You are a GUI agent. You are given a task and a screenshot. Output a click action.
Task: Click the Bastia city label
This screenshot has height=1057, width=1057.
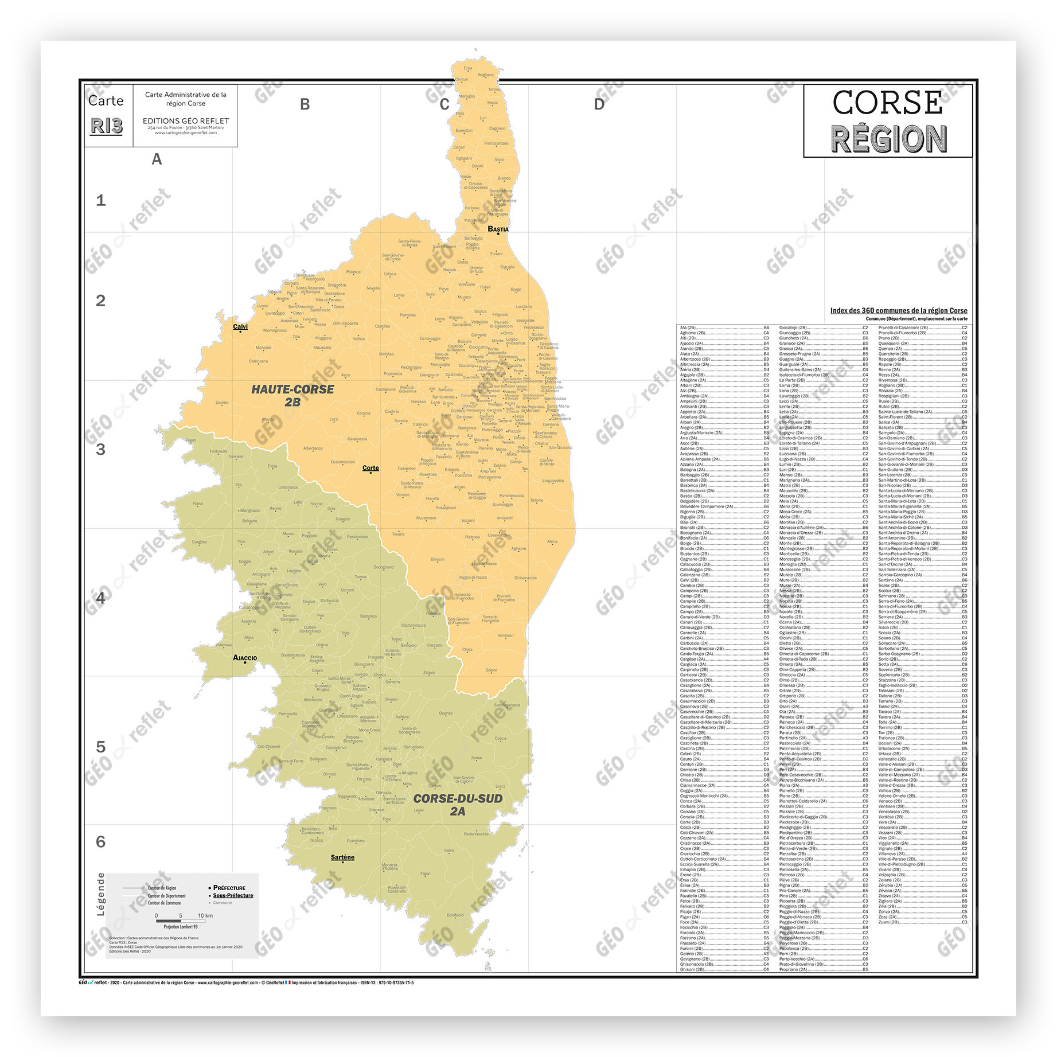click(x=498, y=229)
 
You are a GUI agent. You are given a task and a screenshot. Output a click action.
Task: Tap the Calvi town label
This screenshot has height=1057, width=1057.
click(x=240, y=327)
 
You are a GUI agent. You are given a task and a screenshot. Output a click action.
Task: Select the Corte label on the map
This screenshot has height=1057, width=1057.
click(x=370, y=468)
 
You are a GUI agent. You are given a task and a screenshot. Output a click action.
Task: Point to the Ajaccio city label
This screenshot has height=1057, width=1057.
click(x=245, y=658)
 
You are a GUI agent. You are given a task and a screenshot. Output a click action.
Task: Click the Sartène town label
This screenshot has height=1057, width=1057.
click(x=342, y=857)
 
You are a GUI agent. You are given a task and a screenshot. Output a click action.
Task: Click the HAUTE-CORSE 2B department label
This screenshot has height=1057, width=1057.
click(x=292, y=395)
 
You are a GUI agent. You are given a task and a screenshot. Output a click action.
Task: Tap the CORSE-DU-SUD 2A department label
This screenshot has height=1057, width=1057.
click(x=458, y=805)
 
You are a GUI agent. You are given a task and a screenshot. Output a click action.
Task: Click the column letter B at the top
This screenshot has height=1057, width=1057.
click(x=305, y=104)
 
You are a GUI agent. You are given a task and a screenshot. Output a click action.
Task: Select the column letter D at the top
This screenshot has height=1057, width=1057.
click(x=599, y=104)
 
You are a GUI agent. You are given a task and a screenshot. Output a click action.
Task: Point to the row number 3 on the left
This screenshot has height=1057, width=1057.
click(x=101, y=450)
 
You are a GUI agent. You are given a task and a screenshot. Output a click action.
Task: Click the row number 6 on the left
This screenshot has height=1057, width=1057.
click(x=101, y=842)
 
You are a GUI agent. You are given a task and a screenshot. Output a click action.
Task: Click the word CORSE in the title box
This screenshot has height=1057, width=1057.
click(x=887, y=103)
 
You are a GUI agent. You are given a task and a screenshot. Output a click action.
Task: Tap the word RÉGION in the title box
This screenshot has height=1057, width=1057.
click(x=888, y=139)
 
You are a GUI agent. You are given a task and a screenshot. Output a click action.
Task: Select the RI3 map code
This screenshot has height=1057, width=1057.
click(x=107, y=126)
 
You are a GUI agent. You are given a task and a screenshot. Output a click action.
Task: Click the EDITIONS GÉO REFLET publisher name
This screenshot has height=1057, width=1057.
click(x=186, y=121)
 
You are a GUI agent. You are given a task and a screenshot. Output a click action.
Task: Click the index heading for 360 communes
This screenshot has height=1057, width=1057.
click(x=898, y=310)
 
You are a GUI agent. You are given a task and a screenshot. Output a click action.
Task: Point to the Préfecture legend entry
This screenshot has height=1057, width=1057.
click(x=229, y=888)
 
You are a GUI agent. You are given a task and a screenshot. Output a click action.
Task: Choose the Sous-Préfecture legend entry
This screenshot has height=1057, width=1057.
click(x=232, y=895)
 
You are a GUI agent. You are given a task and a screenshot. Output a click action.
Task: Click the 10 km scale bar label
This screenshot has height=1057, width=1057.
click(x=205, y=916)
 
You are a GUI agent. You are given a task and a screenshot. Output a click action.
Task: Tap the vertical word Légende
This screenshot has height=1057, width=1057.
click(x=101, y=895)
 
